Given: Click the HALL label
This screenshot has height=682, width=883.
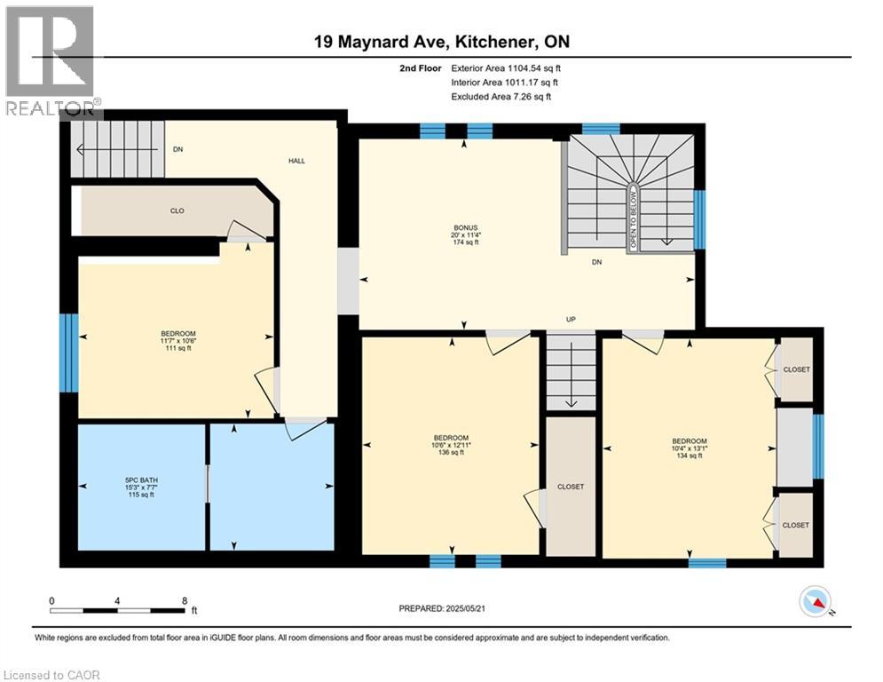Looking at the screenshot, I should (296, 161).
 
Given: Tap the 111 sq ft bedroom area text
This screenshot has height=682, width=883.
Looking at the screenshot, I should (178, 348).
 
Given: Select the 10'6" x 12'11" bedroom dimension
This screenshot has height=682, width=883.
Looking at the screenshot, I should (451, 445).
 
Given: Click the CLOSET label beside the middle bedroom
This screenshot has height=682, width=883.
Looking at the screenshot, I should (571, 487).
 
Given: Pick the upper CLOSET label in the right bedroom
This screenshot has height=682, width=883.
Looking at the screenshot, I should (796, 369).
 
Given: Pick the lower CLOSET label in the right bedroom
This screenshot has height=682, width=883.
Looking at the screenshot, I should (796, 525).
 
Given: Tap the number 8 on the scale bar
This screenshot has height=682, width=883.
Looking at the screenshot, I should (183, 600).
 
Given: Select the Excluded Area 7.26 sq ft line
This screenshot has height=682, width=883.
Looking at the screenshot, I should (502, 96).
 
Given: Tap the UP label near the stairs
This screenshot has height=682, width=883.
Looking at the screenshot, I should (572, 319).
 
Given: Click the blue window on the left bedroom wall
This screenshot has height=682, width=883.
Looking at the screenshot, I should (65, 353).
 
